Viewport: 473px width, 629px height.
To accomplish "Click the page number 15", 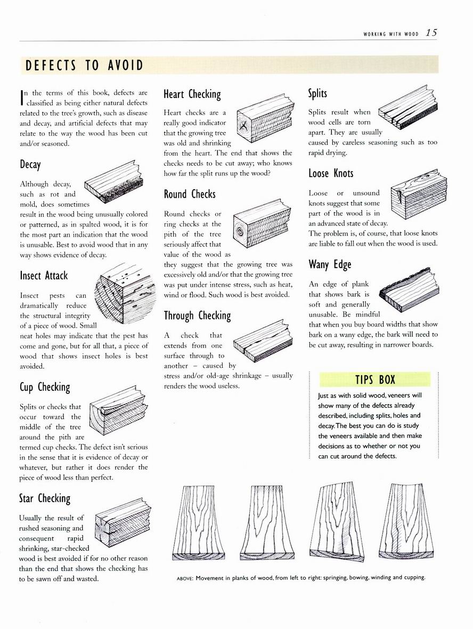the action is coord(431,33).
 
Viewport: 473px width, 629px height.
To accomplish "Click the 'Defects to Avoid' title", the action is coord(84,65).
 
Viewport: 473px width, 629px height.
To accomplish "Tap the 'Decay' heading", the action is coord(30,165).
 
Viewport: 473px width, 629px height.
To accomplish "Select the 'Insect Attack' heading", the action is coord(44,276).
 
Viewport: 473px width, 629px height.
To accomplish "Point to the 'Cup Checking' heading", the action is coord(45,387).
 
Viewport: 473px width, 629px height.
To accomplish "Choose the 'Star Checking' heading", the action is coord(45,498).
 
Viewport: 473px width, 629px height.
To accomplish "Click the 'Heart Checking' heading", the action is coord(192,94).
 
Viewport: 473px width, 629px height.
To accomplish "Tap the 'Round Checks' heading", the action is coord(190,194).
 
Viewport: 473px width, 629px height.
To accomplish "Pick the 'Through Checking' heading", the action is coord(197,316).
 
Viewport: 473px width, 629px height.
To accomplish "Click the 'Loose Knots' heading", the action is coord(331,173).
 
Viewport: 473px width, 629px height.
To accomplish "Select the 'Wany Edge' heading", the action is coord(330,264).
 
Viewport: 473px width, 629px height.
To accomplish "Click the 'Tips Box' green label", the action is coord(375,380).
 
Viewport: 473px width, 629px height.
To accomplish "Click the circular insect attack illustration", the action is coord(124,295).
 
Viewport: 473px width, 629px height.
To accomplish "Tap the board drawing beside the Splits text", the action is coord(407,107).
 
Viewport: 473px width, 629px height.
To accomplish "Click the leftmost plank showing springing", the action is coord(194,523).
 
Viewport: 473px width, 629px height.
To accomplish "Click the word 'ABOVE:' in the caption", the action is coord(185,578).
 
